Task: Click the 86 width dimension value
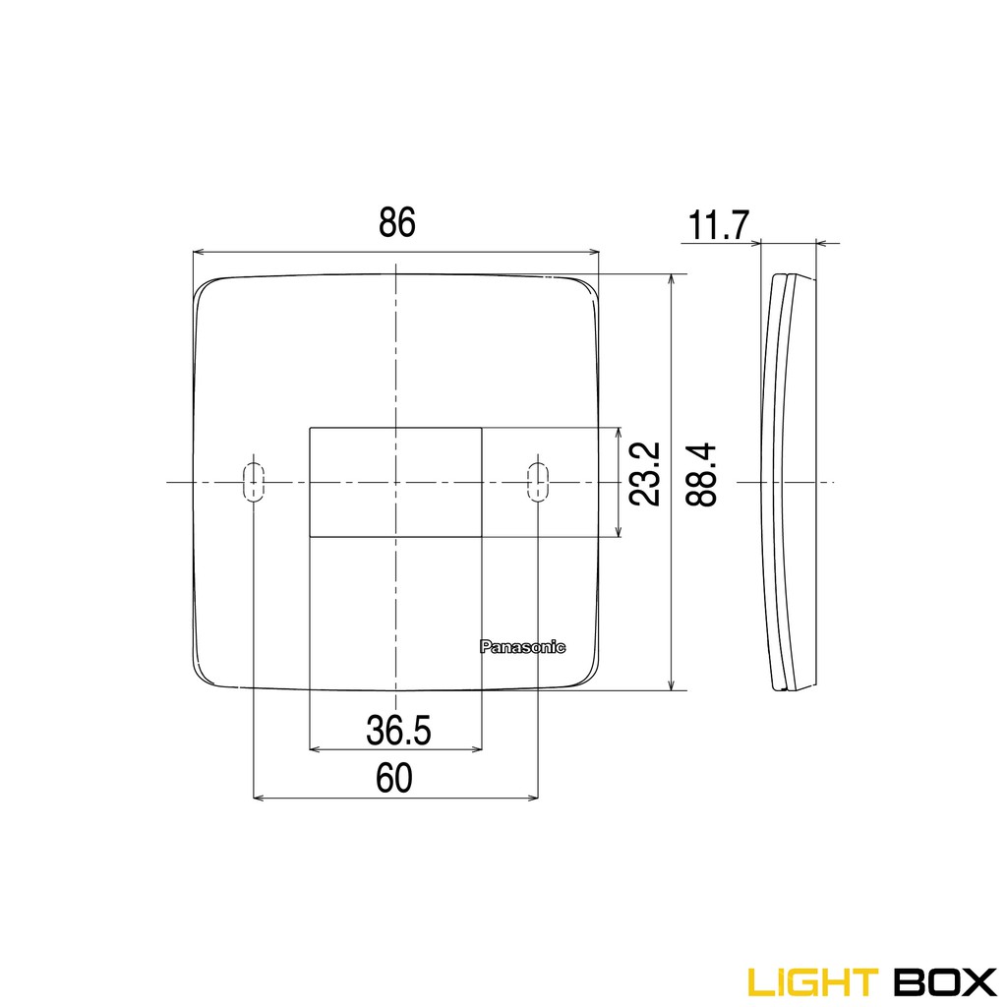(x=397, y=223)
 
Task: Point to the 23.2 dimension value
(x=644, y=474)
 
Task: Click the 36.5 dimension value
(x=398, y=730)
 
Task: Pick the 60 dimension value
(x=393, y=779)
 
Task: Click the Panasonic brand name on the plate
(x=522, y=646)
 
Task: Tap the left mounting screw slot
(x=254, y=482)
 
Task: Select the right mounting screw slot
(x=538, y=482)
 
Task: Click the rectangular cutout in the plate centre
(x=395, y=482)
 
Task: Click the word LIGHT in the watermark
(x=811, y=980)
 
